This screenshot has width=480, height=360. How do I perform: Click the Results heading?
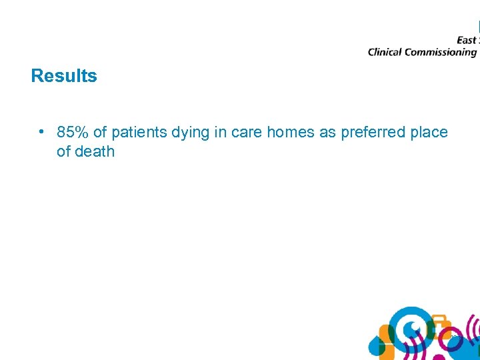64,76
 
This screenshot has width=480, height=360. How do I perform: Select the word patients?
140,132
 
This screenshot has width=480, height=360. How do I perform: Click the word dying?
191,132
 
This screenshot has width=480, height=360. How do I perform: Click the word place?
429,132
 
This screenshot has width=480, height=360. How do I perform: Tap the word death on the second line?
95,151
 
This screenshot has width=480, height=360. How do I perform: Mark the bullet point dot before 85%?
41,131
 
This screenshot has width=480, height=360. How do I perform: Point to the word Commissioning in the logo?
443,53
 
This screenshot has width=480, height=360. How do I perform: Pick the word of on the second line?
63,151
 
